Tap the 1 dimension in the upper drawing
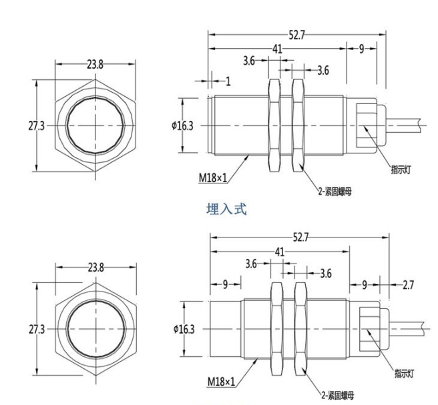point(228,81)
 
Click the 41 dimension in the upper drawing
point(277,50)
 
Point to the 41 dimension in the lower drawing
point(279,252)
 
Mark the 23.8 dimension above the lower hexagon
point(96,268)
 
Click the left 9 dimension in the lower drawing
point(226,285)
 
